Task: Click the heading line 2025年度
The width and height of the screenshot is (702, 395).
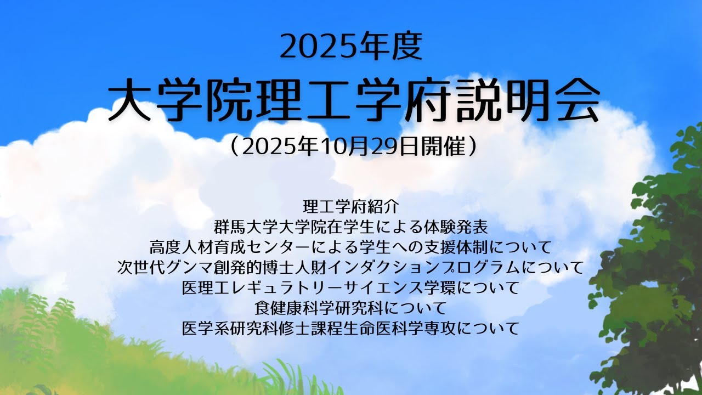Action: (x=351, y=46)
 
